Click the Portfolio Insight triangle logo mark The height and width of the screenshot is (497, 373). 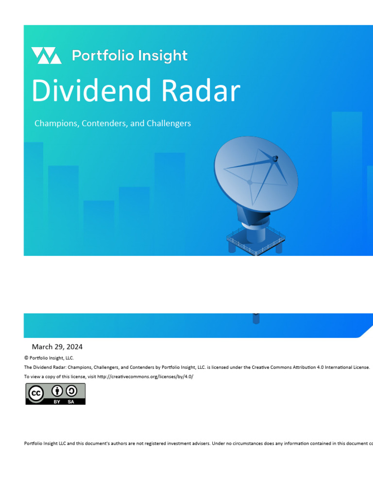point(46,56)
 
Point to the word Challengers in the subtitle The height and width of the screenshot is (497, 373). point(168,123)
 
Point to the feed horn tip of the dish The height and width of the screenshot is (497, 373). point(275,158)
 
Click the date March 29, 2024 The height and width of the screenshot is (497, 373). point(57,347)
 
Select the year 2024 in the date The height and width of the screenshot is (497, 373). point(74,347)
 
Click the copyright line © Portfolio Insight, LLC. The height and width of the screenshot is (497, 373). point(49,358)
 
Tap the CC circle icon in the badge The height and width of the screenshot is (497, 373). point(35,394)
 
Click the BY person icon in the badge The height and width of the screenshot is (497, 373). point(57,391)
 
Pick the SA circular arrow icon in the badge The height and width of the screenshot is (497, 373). point(71,391)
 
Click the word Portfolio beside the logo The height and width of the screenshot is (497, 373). point(103,56)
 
